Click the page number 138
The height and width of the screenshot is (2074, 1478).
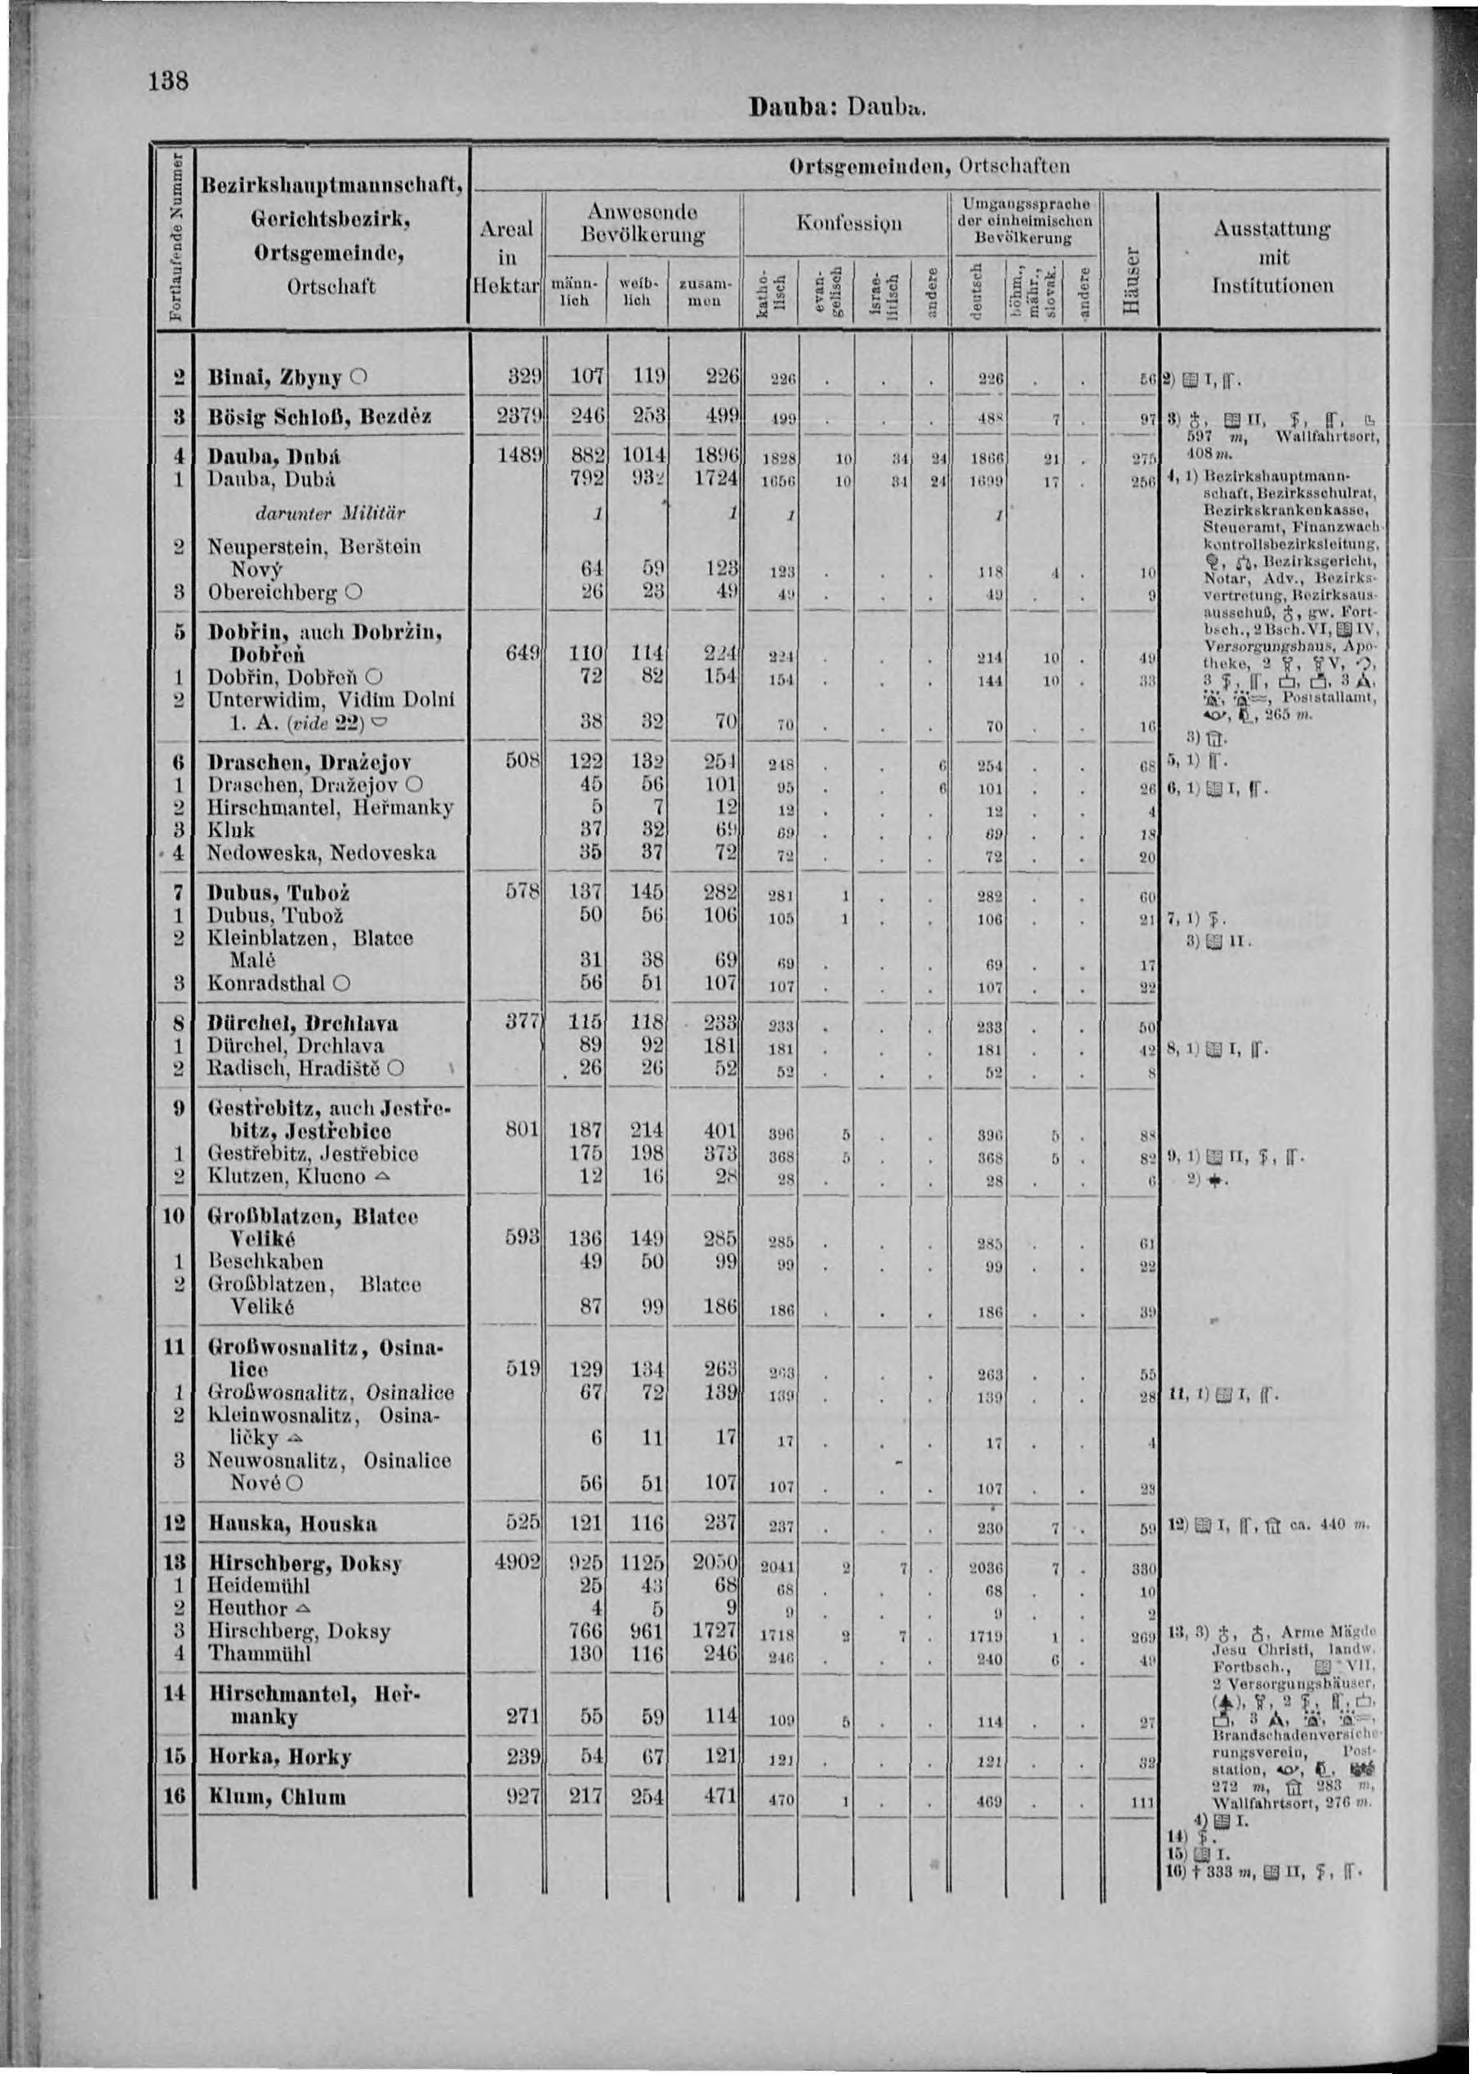click(170, 81)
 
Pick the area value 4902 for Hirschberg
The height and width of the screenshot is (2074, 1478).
click(518, 1564)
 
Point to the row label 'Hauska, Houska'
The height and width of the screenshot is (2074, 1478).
click(292, 1524)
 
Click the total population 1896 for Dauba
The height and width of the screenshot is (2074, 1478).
click(715, 456)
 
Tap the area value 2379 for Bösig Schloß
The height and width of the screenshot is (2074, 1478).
click(518, 416)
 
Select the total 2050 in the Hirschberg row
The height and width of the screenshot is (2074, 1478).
click(715, 1564)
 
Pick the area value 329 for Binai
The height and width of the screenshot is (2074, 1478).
click(523, 376)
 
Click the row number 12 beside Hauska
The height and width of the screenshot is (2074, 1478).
click(174, 1524)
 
